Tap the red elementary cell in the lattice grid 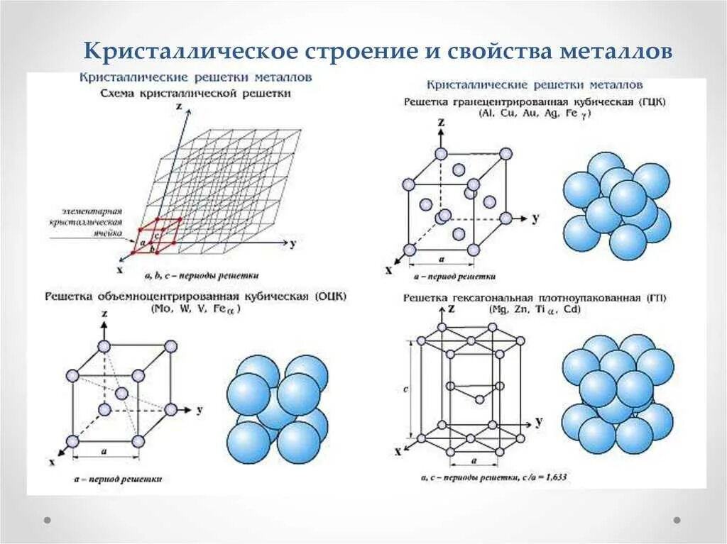point(158,235)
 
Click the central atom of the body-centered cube point(121,394)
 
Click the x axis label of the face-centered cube point(388,270)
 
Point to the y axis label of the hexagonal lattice point(540,421)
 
